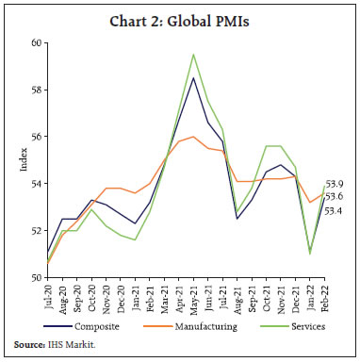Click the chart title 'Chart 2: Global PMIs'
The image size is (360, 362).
(179, 15)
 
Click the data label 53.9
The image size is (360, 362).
(335, 184)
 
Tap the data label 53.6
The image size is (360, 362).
(335, 196)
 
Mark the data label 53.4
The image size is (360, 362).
(335, 210)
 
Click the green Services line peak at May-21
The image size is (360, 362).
(194, 55)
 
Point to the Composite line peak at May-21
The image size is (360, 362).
(194, 77)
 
